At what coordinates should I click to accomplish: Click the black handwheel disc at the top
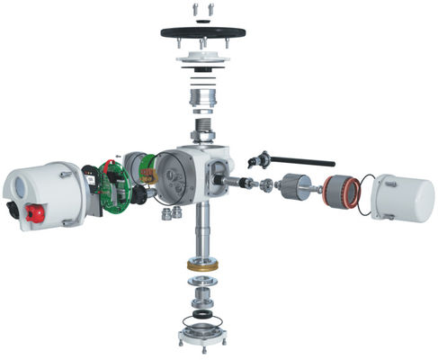(x=204, y=31)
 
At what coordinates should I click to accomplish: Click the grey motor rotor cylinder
(x=291, y=190)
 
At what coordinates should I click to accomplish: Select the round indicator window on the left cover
(x=20, y=187)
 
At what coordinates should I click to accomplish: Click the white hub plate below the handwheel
(x=204, y=56)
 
